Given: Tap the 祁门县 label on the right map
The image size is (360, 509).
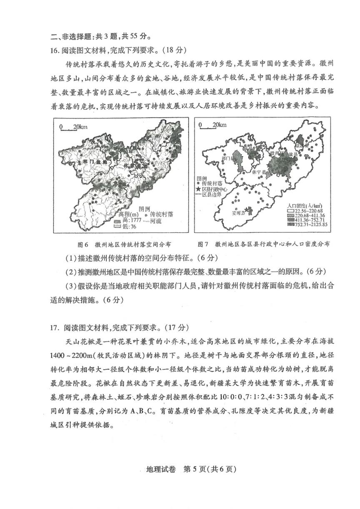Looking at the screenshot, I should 229,159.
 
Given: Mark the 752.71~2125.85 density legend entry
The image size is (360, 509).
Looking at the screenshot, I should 307,225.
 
